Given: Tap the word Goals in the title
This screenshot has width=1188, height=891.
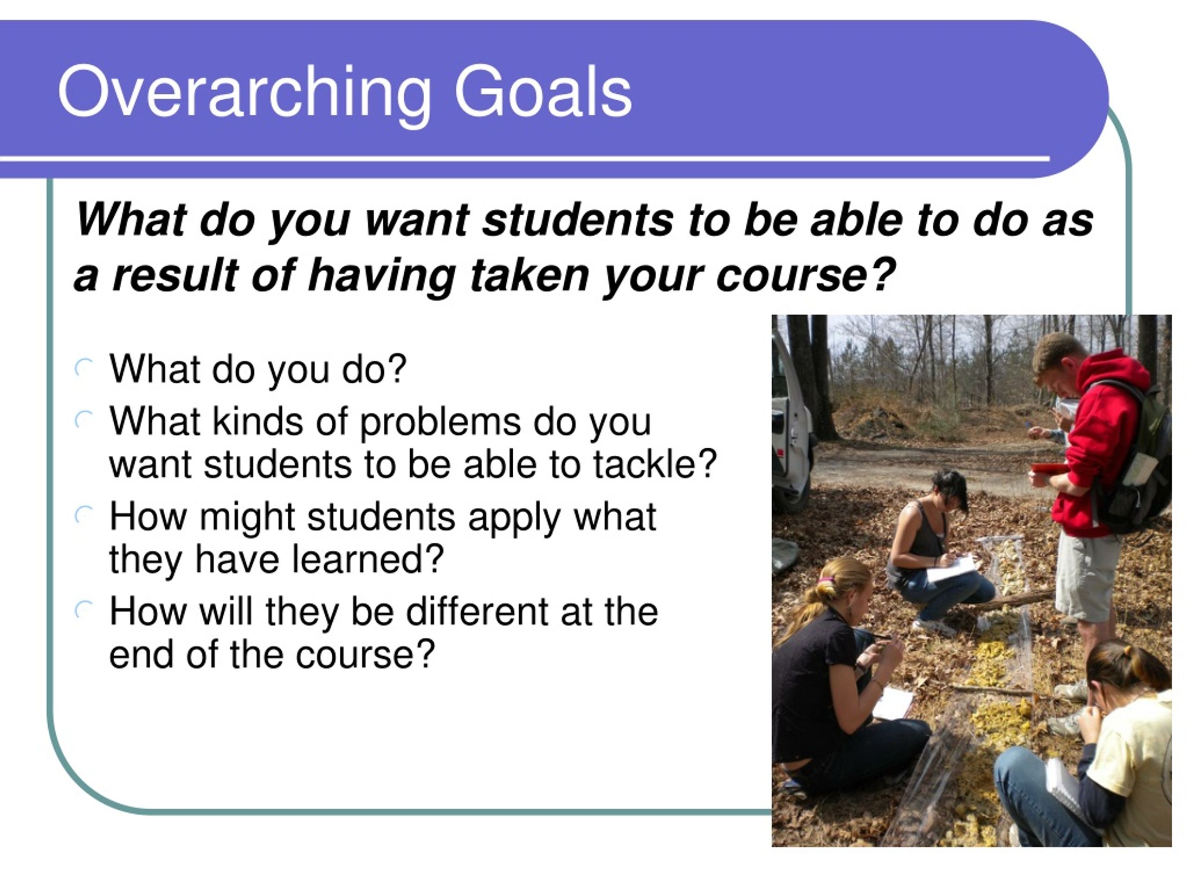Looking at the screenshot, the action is [543, 91].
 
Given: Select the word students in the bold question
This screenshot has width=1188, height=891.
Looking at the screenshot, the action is [577, 220].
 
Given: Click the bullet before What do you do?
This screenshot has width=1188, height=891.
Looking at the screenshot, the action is [84, 369].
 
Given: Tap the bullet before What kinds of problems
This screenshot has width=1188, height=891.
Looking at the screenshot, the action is [84, 420].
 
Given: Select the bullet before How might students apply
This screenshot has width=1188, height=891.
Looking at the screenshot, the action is [84, 516].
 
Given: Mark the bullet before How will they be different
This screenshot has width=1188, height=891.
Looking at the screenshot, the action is [84, 610].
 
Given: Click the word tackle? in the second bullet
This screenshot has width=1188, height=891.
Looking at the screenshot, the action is [655, 464].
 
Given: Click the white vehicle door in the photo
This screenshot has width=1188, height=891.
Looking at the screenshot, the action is [791, 419].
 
